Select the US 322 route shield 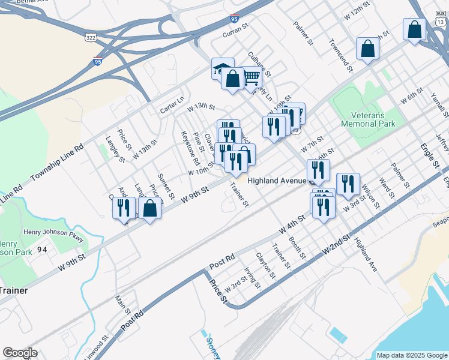point(90,37)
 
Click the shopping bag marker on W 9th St point(150,209)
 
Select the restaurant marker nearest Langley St point(123,208)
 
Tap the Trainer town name point(13,290)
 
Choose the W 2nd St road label point(336,244)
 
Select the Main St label point(123,303)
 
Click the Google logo point(20,353)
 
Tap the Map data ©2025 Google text point(411,355)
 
